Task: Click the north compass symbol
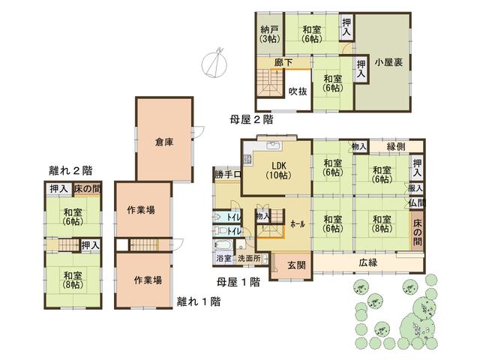tap(214, 63)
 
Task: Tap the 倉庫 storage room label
tap(164, 142)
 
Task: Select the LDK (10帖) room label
tap(278, 170)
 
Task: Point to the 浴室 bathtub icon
tap(223, 245)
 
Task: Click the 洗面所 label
tap(249, 258)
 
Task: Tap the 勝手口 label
tap(228, 175)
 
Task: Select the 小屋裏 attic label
tap(388, 62)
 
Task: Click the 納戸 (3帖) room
tap(270, 34)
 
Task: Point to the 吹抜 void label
tap(298, 91)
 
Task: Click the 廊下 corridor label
tap(283, 63)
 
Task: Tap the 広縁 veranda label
tap(368, 262)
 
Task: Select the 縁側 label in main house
tap(396, 146)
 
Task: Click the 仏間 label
tap(417, 202)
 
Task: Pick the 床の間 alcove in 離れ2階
tap(88, 189)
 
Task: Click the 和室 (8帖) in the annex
tap(73, 280)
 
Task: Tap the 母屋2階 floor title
tap(251, 119)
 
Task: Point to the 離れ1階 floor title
tap(199, 301)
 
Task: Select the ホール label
tap(298, 224)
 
